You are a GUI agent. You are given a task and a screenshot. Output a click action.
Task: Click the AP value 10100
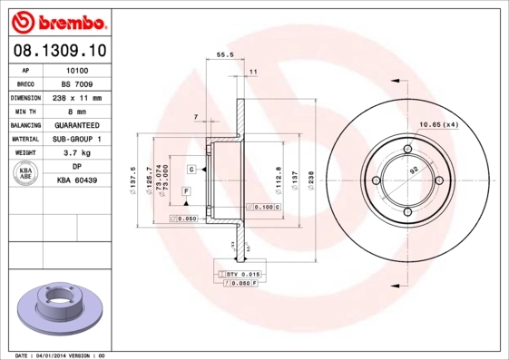coord(77,69)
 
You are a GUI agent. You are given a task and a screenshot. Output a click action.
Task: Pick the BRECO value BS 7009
coord(77,83)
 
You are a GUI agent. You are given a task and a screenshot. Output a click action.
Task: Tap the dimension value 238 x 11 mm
coord(77,97)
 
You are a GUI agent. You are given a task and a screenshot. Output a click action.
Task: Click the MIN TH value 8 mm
coord(77,111)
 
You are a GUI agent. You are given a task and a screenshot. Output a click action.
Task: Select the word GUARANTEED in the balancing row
coord(77,125)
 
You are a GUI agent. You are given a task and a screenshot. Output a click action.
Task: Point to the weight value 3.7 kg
coord(77,153)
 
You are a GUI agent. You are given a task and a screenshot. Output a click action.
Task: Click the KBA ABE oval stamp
coord(24,173)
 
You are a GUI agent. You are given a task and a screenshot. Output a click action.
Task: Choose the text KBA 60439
coord(77,181)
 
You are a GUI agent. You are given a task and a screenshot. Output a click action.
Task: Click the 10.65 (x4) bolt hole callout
coord(437,123)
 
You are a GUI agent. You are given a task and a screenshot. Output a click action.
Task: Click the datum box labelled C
coord(193,170)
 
